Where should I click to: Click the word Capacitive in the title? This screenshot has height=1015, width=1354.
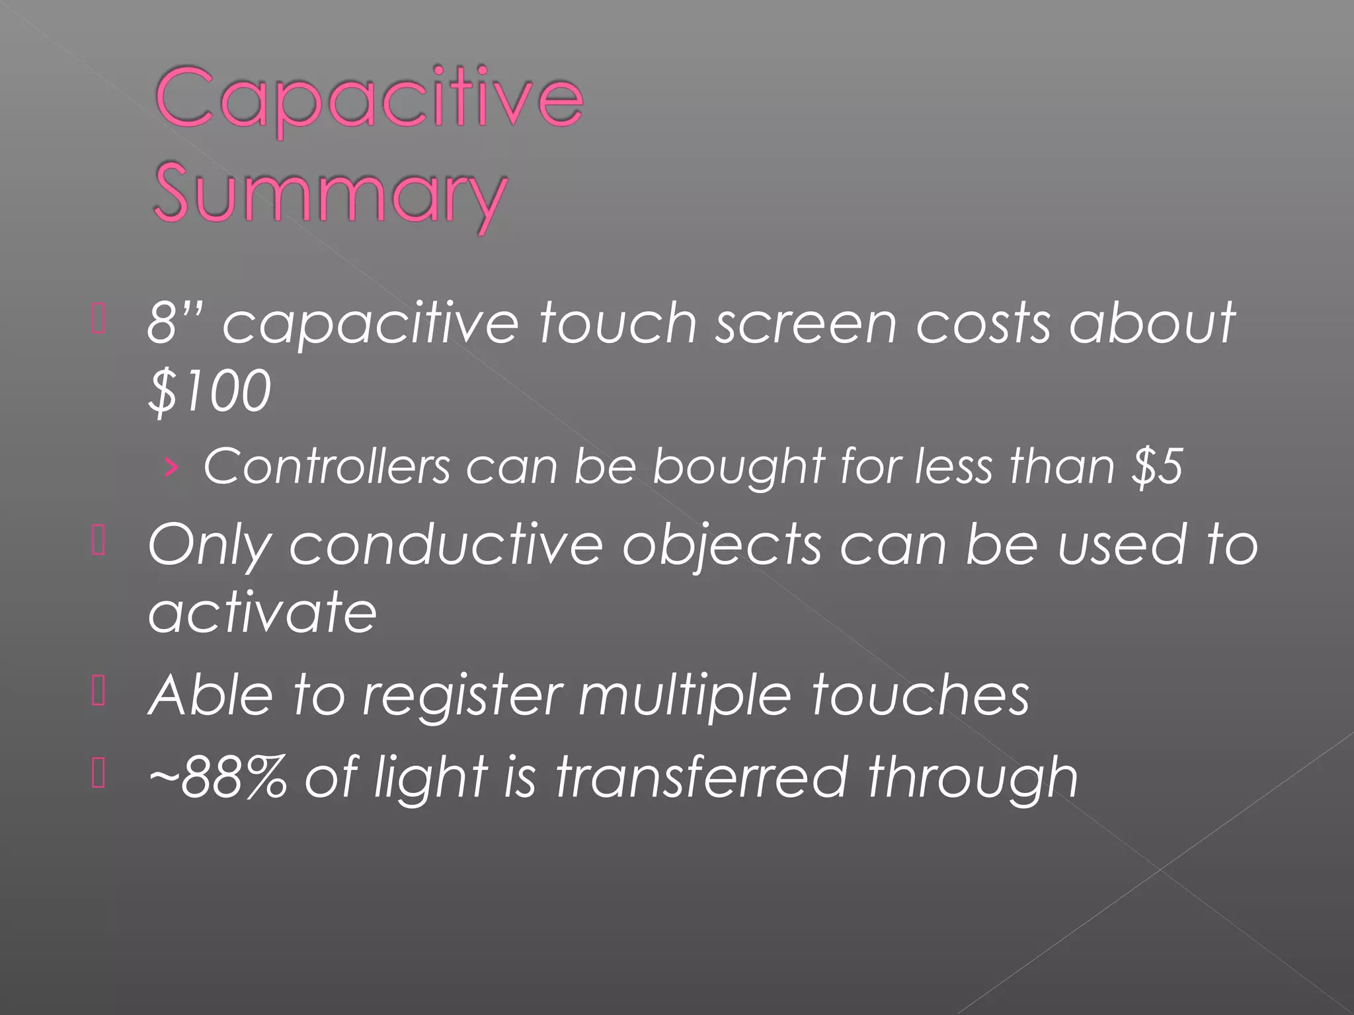[x=369, y=99]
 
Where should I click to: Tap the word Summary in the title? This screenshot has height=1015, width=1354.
[x=329, y=195]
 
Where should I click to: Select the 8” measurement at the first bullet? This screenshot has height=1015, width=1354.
[x=175, y=322]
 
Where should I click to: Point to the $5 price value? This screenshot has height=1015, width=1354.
[x=1157, y=467]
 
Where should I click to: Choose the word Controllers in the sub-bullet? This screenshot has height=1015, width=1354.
[x=327, y=467]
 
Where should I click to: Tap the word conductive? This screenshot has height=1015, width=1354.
[x=446, y=545]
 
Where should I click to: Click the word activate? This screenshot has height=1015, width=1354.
[x=262, y=612]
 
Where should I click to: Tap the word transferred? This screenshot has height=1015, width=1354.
[x=701, y=776]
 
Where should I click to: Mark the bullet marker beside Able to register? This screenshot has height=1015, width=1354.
[x=99, y=693]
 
